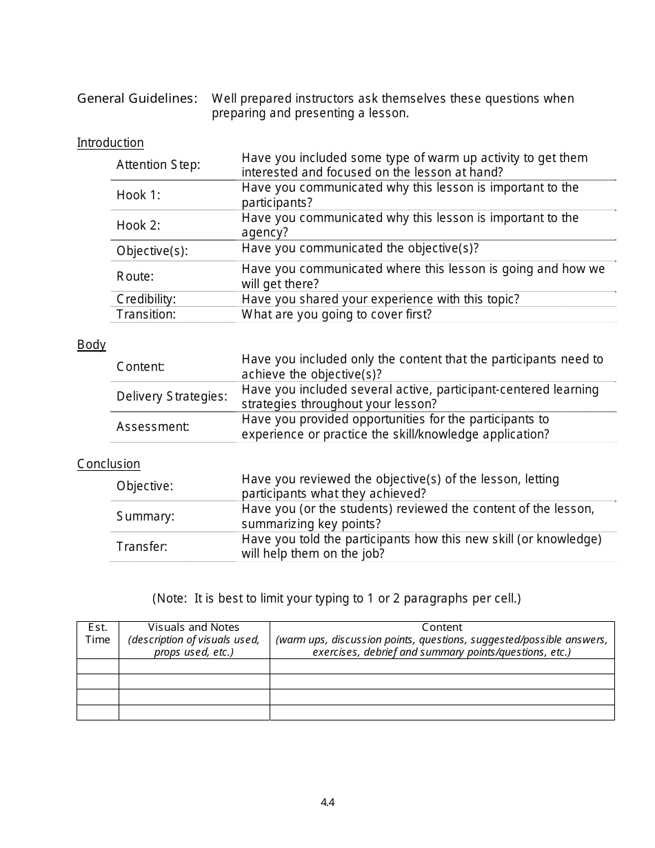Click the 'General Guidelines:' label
point(137,99)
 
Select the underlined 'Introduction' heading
point(110,143)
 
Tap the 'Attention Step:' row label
point(158,165)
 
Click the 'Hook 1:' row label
point(138,195)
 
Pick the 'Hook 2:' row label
point(138,225)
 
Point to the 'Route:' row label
point(135,276)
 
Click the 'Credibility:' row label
point(146,299)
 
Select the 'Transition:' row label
point(146,314)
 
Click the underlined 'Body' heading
point(92,345)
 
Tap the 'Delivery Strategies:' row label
point(172,396)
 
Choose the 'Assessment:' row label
point(152,427)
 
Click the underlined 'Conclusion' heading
point(108,464)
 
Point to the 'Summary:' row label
point(145,516)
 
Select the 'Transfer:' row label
point(142,547)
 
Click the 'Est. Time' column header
point(97,634)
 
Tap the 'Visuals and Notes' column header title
point(194,627)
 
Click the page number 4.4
point(327,802)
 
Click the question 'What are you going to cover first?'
point(336,314)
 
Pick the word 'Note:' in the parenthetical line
point(173,598)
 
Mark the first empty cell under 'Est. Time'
point(97,666)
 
